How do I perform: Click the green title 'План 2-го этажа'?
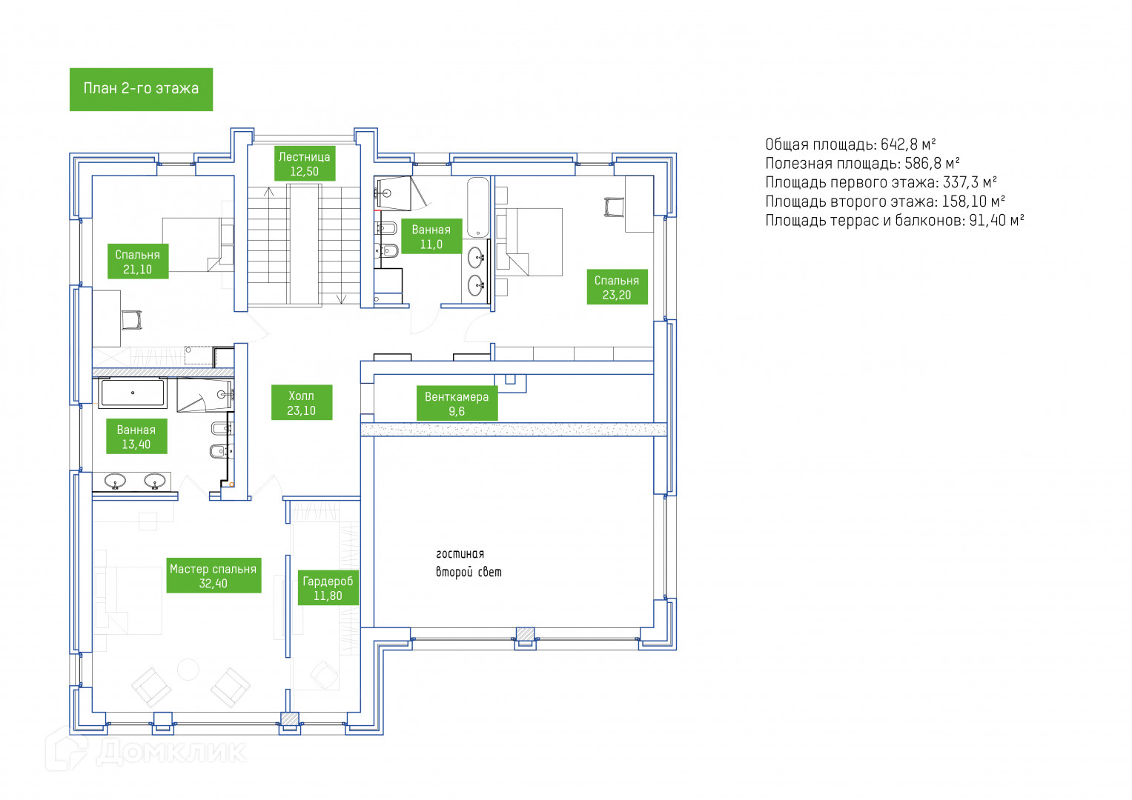(x=141, y=89)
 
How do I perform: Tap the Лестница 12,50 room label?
(x=304, y=164)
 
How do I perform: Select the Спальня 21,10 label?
(x=137, y=262)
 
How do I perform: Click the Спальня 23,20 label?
(x=616, y=287)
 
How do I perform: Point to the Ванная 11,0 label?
(x=431, y=237)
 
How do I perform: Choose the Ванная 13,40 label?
(x=136, y=437)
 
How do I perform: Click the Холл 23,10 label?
(x=301, y=403)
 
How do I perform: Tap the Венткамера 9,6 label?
(x=456, y=404)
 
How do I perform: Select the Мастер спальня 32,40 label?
(x=213, y=576)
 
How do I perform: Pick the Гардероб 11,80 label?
(x=328, y=588)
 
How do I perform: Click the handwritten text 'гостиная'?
(x=460, y=553)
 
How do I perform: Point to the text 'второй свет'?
(x=469, y=572)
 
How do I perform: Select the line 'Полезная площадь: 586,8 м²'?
(x=862, y=164)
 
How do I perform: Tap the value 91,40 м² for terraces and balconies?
(x=996, y=221)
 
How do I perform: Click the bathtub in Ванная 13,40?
(x=133, y=393)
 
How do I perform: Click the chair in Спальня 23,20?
(x=614, y=207)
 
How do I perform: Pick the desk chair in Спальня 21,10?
(x=131, y=320)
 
